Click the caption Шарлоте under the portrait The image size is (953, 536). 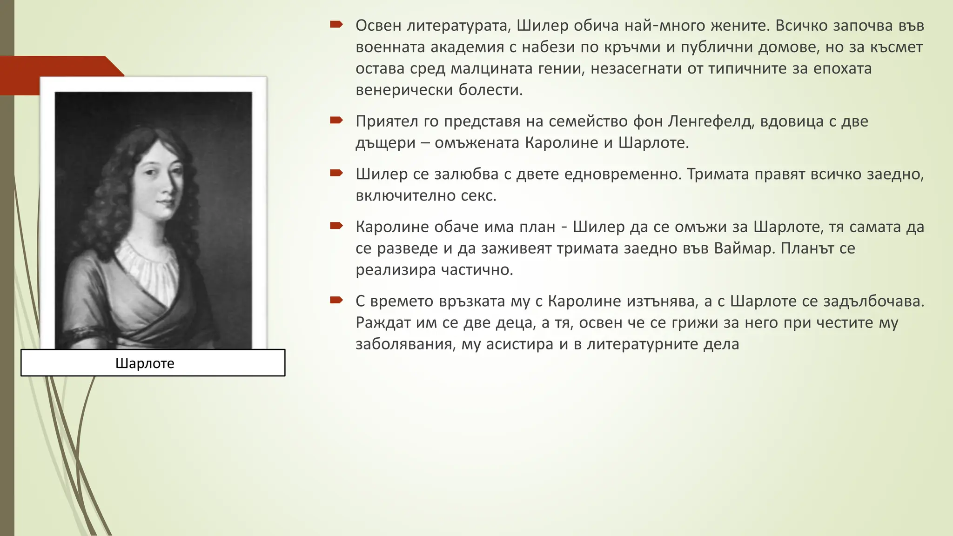(x=145, y=363)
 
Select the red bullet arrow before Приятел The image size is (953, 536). (x=336, y=121)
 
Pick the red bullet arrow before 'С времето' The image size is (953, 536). (x=336, y=301)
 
